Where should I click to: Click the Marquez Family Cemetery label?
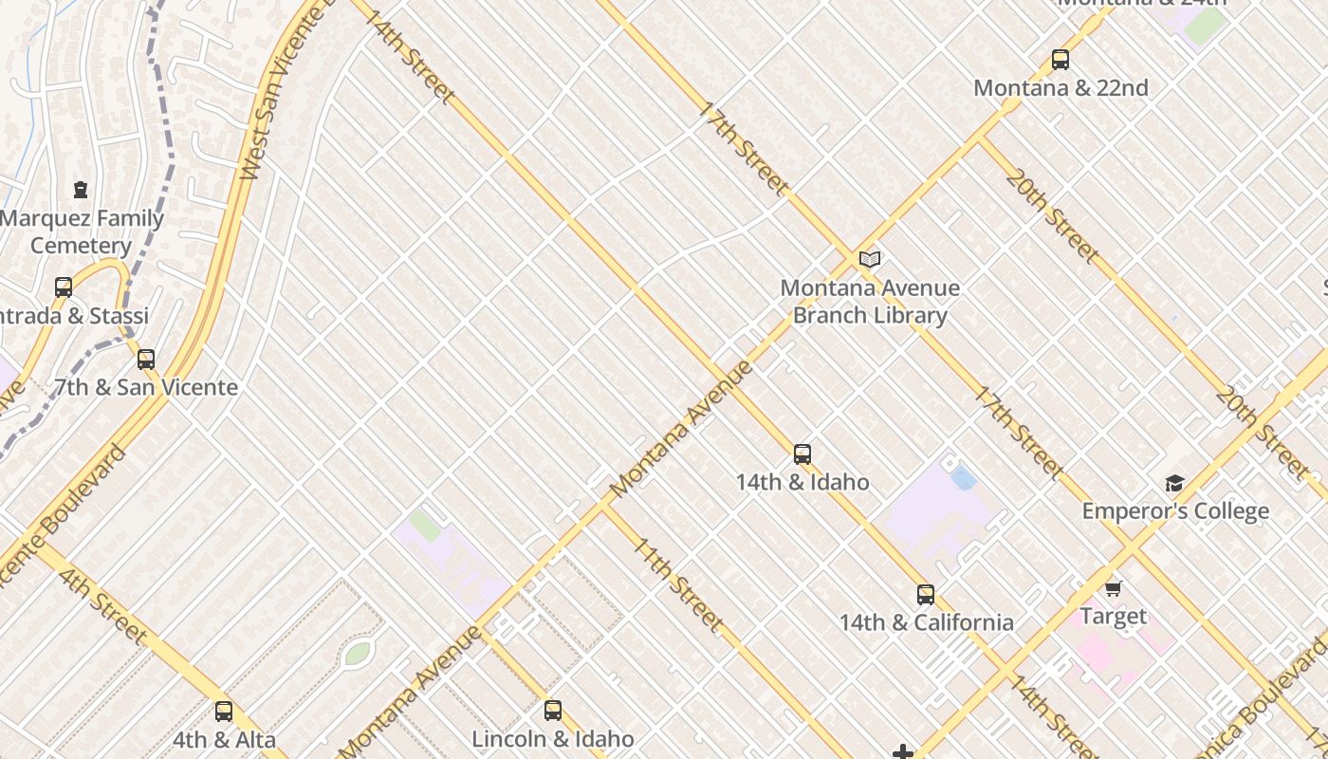[82, 231]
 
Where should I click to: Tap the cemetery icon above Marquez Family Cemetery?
[81, 190]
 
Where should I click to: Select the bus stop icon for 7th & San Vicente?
[146, 360]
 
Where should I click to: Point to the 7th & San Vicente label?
[146, 387]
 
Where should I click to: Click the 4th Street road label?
[101, 605]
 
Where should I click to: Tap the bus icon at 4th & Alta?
[224, 712]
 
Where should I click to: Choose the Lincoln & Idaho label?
[553, 738]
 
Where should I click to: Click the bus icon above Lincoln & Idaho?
[553, 710]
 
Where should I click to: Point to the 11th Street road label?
[678, 585]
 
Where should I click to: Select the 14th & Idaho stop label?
[802, 482]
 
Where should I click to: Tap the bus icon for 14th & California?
[926, 595]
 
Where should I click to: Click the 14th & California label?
[926, 622]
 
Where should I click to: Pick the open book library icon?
[870, 259]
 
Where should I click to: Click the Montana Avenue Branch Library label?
[870, 301]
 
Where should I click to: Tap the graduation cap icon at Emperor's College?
[1175, 484]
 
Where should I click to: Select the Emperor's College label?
[1175, 511]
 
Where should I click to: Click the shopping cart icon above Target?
[1114, 588]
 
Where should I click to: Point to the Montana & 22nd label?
[1061, 88]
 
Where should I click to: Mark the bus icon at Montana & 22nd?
[1061, 60]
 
